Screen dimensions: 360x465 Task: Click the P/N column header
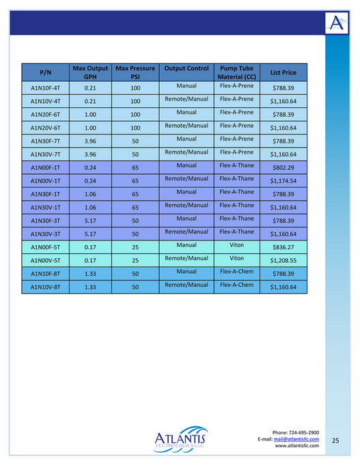46,72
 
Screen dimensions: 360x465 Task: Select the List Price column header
283,72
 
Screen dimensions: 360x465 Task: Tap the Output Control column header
186,69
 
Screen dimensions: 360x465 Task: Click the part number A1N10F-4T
46,88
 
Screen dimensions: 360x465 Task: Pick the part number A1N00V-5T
46,261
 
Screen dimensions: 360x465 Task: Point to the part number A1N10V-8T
46,287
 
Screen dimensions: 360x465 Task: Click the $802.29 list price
283,168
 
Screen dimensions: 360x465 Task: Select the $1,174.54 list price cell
283,181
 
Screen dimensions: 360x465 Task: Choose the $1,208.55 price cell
283,261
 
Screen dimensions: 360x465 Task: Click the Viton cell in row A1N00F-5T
236,244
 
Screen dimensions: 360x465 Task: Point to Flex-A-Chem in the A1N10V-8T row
236,285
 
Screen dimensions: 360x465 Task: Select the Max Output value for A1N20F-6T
89,115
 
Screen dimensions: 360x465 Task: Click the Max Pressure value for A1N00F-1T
135,168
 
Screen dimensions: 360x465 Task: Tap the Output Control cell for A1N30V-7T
186,152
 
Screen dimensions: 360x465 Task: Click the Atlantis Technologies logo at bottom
180,436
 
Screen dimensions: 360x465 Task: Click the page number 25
335,441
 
